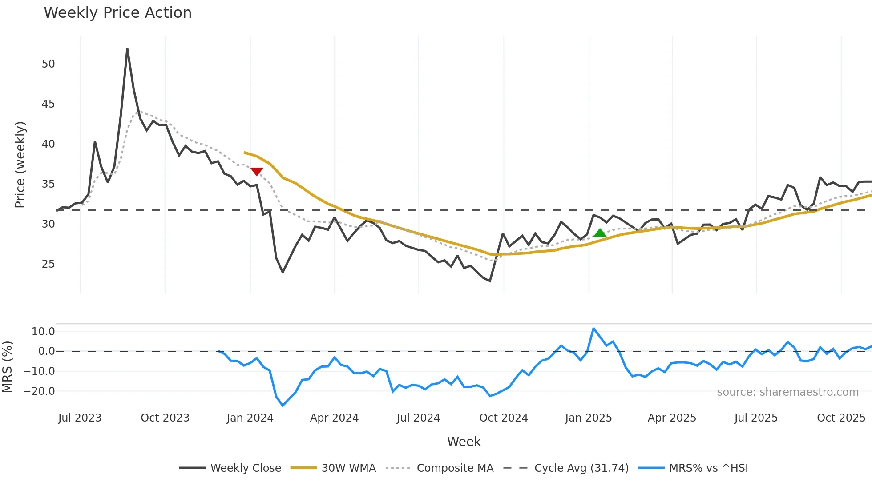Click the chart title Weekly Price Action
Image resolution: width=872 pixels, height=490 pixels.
tap(117, 13)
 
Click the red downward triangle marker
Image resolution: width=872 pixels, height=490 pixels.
tap(257, 171)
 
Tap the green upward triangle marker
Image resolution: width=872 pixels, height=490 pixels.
tap(600, 233)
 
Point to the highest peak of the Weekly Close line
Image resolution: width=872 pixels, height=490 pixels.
tap(127, 49)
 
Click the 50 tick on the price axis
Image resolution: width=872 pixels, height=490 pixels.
tap(48, 64)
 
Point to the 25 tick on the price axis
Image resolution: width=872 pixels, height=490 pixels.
tap(48, 264)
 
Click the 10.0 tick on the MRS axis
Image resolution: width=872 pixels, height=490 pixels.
tap(43, 331)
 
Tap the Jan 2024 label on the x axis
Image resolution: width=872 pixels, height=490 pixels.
tap(250, 418)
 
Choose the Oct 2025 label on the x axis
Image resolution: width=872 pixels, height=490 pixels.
tap(841, 418)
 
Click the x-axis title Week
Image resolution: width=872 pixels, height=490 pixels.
tap(464, 442)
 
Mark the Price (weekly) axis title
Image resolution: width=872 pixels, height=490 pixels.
tap(20, 165)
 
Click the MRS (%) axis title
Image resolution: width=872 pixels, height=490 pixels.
tap(7, 367)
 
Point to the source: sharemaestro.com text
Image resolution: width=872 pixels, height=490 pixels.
tap(787, 392)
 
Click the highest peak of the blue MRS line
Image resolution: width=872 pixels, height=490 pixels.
tap(593, 329)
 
